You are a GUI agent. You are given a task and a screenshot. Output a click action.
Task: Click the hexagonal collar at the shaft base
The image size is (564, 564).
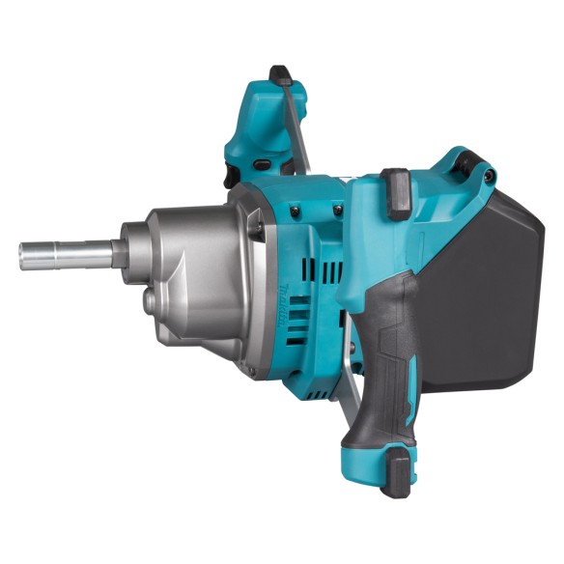pos(119,253)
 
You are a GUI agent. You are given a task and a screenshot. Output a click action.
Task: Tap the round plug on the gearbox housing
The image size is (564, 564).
pos(150,302)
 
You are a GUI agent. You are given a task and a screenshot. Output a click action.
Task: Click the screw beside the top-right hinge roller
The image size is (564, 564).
pos(490,178)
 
